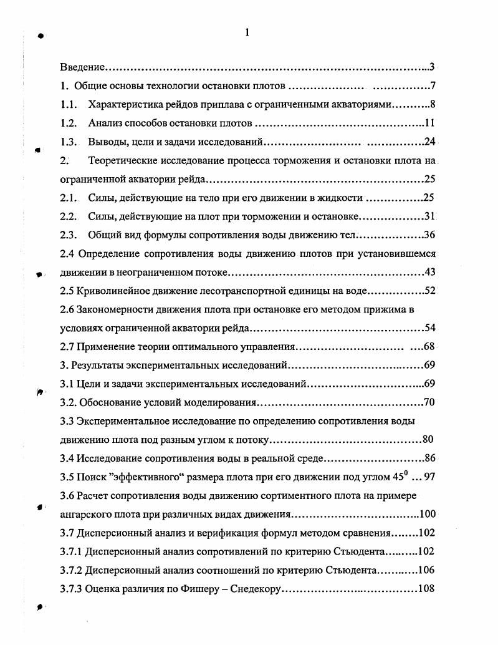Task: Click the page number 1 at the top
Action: (x=247, y=34)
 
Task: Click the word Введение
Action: (x=82, y=66)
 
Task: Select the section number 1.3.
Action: (x=69, y=141)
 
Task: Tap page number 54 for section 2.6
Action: (x=429, y=327)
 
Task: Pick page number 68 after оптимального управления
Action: (x=429, y=346)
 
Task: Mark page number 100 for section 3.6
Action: (x=427, y=515)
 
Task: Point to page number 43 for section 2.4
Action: (x=429, y=272)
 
